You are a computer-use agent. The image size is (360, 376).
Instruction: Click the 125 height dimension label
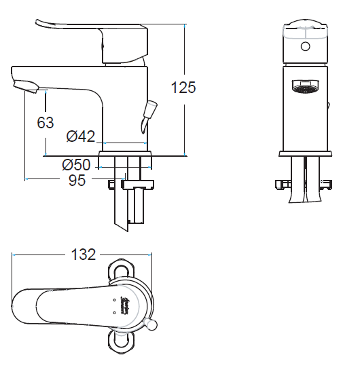[183, 88]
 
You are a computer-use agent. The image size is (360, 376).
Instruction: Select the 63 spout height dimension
[46, 123]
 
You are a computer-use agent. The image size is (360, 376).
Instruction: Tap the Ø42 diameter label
[81, 136]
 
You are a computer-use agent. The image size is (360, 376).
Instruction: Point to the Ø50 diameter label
[76, 164]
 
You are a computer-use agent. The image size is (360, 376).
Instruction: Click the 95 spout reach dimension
[77, 181]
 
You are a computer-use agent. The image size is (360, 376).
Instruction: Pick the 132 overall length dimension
[84, 255]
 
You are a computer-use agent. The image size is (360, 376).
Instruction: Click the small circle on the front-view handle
[305, 46]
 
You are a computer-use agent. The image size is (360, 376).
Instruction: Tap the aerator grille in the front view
[305, 86]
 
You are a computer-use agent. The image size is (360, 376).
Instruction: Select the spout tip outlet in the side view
[26, 87]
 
